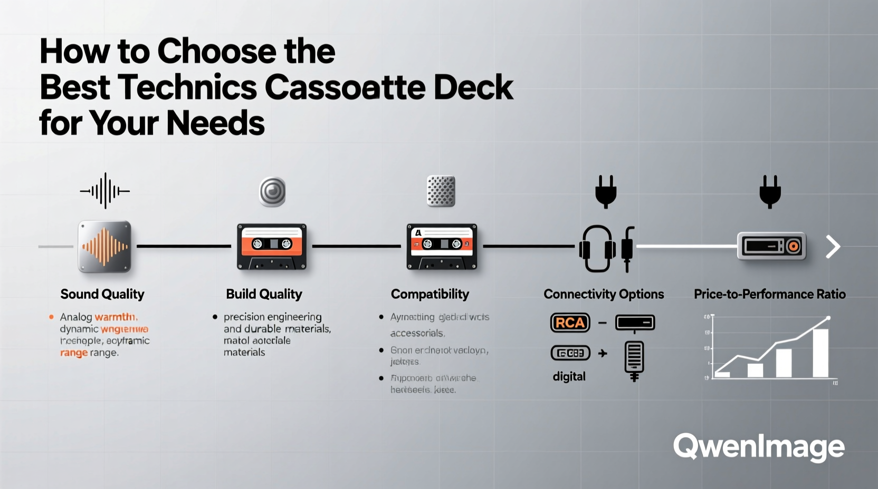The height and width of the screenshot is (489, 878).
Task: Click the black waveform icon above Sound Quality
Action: pyautogui.click(x=105, y=191)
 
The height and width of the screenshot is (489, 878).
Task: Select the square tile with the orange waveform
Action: pyautogui.click(x=104, y=247)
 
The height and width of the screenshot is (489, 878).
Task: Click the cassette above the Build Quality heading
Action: pyautogui.click(x=272, y=247)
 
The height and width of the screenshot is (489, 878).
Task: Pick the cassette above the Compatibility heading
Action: pyautogui.click(x=442, y=247)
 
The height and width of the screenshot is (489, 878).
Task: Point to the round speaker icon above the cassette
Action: pyautogui.click(x=272, y=191)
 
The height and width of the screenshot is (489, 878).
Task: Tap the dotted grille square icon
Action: pyautogui.click(x=441, y=191)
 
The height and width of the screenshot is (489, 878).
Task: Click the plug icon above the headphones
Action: pyautogui.click(x=606, y=191)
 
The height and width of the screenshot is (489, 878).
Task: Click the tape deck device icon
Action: pyautogui.click(x=771, y=246)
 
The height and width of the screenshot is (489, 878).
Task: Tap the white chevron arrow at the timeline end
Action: pyautogui.click(x=833, y=247)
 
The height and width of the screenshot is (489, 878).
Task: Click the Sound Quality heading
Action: pyautogui.click(x=102, y=294)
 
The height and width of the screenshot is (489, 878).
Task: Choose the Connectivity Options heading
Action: pyautogui.click(x=604, y=294)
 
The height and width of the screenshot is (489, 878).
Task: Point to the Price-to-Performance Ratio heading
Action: pyautogui.click(x=769, y=294)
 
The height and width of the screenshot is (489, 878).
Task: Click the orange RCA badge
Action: pyautogui.click(x=570, y=322)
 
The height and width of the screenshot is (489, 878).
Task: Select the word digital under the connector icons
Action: pyautogui.click(x=569, y=376)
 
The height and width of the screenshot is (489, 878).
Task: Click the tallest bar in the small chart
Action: pyautogui.click(x=820, y=353)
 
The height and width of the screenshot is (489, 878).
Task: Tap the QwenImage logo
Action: pyautogui.click(x=759, y=447)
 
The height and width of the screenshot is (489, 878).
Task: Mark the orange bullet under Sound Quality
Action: pyautogui.click(x=51, y=317)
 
